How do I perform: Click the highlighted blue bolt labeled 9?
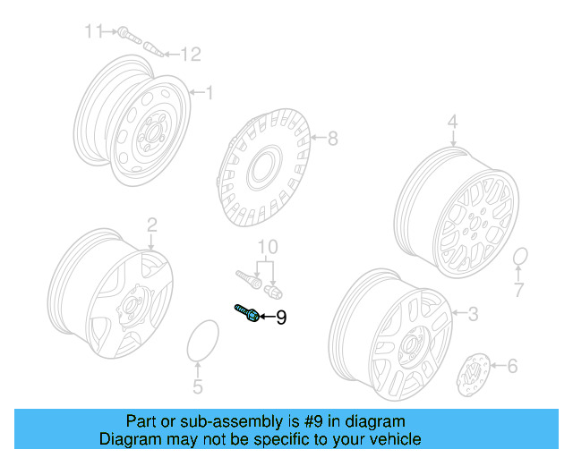[x=247, y=312]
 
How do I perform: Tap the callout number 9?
[x=280, y=318]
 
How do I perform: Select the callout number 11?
[x=94, y=32]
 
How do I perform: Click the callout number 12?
[x=191, y=55]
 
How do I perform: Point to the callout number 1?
[x=210, y=93]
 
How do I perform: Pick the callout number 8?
[x=332, y=139]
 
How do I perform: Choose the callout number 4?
[x=453, y=122]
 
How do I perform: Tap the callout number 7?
[x=518, y=291]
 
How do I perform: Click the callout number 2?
[x=151, y=224]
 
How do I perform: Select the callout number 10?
[x=268, y=247]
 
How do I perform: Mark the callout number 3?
[x=474, y=312]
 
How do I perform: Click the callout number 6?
[x=512, y=365]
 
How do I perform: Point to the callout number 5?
[x=198, y=387]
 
